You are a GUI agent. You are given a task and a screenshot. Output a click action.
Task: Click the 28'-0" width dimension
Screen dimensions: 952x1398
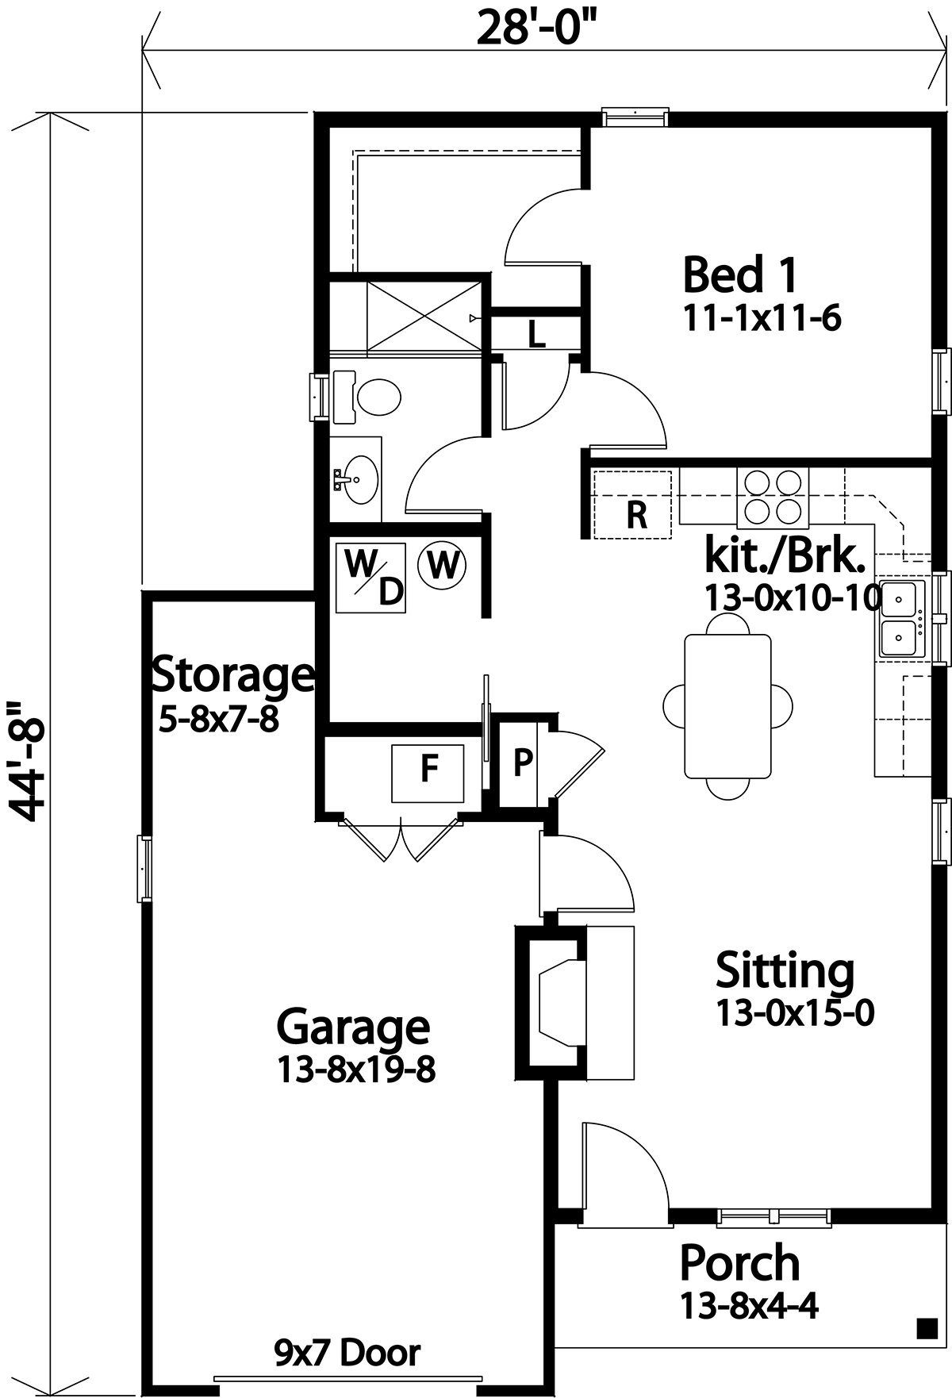536,29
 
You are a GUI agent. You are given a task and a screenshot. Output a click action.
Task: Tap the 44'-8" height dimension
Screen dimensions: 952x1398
30,761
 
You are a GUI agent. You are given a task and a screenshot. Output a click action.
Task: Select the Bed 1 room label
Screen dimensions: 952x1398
740,275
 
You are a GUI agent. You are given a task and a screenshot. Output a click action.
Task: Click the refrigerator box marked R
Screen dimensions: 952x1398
635,505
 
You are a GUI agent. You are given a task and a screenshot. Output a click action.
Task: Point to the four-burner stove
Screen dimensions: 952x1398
773,497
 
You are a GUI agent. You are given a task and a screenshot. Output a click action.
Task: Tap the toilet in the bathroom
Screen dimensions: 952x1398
367,396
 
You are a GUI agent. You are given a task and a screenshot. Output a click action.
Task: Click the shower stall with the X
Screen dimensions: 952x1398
422,315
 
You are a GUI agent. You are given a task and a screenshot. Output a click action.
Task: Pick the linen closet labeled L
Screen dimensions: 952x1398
536,334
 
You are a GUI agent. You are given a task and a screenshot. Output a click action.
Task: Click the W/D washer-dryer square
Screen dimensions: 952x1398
370,578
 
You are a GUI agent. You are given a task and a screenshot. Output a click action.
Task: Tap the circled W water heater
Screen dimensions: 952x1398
443,566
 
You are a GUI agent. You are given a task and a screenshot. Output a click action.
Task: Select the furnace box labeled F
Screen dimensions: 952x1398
428,773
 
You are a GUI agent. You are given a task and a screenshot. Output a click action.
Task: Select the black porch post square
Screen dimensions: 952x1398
923,1326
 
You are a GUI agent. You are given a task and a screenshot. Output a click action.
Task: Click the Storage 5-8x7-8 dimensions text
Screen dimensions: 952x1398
219,720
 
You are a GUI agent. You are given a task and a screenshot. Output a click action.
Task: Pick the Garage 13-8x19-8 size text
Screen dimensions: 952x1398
356,1070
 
